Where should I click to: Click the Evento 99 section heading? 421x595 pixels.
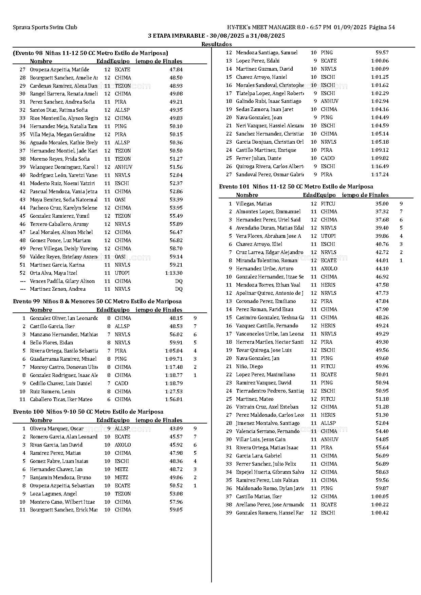[97, 301]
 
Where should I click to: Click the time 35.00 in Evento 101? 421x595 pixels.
[382, 204]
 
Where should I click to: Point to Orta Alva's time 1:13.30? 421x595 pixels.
[173, 273]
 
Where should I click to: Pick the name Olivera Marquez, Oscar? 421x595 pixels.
[56, 429]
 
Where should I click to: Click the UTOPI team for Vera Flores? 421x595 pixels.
[328, 236]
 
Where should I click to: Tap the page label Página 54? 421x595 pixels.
[382, 28]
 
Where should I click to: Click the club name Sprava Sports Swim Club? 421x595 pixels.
[45, 28]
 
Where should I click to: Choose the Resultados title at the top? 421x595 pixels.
[217, 44]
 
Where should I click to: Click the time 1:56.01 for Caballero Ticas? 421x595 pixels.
[173, 399]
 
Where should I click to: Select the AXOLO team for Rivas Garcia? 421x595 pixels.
[123, 445]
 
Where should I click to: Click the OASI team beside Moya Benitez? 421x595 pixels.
[120, 200]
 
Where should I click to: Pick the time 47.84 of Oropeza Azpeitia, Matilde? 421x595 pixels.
[176, 70]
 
